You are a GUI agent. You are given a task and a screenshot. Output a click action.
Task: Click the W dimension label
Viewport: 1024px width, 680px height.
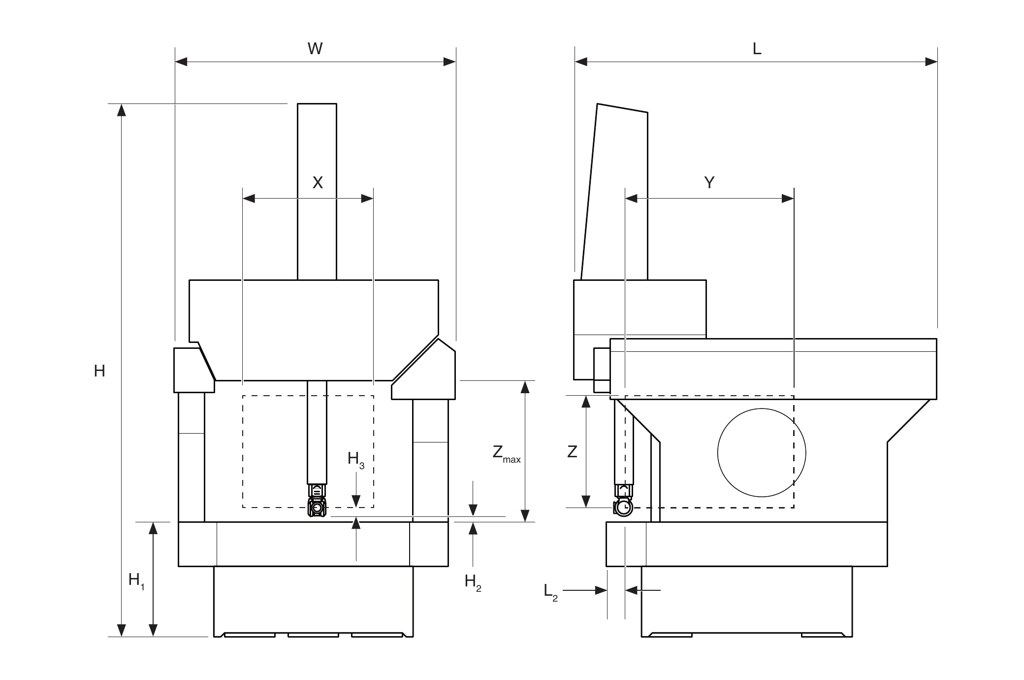point(315,48)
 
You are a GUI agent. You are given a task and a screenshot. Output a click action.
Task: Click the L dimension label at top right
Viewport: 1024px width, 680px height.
point(757,48)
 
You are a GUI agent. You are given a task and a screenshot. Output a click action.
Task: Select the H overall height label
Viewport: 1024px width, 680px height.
point(99,371)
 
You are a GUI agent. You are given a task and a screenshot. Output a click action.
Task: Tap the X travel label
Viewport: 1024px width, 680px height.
point(318,183)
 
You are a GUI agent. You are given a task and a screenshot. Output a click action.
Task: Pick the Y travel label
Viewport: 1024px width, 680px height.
point(709,183)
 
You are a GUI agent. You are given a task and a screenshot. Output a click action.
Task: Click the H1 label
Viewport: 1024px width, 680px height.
point(136,581)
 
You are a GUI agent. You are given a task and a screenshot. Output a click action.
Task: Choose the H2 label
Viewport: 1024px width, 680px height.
point(473,583)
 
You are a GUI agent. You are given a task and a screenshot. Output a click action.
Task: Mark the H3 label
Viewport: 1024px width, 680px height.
point(356,460)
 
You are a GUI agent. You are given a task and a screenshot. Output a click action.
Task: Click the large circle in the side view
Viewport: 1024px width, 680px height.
point(762,453)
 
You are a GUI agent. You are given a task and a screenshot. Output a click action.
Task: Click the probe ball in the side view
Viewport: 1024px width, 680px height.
point(624,508)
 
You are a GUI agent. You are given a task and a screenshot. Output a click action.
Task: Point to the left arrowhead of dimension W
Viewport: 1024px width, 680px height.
point(182,62)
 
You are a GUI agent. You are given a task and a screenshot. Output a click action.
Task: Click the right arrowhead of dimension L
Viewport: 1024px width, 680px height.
point(931,62)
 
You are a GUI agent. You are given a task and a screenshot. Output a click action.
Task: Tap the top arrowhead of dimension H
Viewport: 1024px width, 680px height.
point(121,110)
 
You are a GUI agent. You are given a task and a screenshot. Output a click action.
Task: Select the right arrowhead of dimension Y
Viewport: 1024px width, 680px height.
point(788,199)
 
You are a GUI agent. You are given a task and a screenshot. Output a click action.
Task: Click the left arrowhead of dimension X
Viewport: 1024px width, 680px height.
point(249,199)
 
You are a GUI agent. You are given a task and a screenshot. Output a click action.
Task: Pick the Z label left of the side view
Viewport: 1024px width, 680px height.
point(572,451)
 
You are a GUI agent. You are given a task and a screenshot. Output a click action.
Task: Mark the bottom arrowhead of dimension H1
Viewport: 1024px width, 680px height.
point(153,630)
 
